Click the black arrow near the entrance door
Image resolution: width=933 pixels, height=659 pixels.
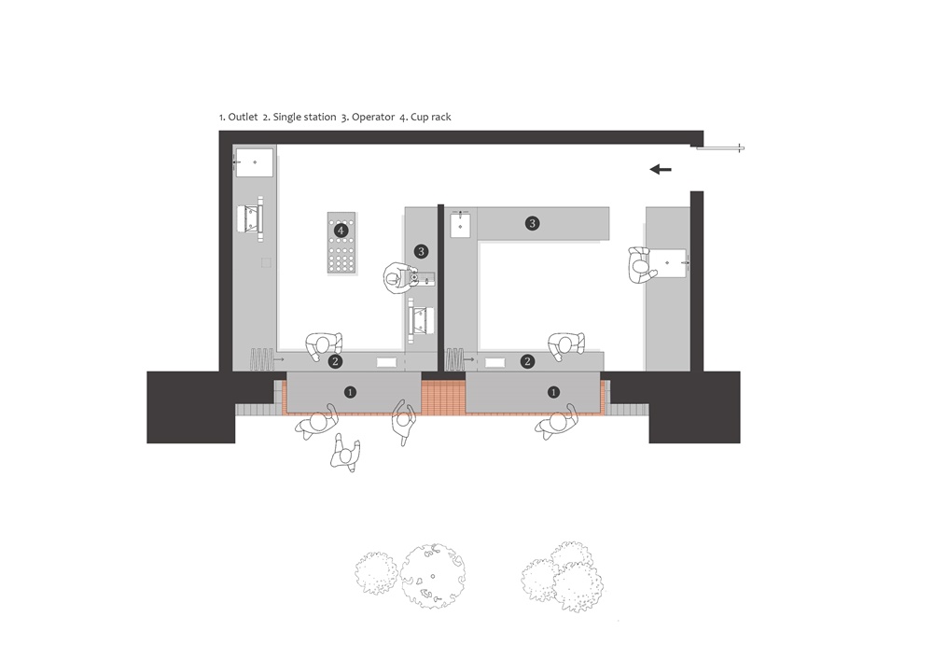pos(661,169)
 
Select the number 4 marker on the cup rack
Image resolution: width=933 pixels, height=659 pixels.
pos(341,230)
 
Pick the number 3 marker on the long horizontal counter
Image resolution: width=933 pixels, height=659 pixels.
pos(532,223)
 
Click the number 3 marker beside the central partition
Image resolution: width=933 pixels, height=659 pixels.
pos(422,251)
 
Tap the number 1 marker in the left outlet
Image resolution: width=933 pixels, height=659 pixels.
pos(351,392)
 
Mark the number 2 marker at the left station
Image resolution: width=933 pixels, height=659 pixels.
pos(335,361)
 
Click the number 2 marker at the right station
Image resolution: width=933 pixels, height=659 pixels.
pos(528,361)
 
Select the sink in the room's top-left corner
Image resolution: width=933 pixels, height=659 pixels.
pos(254,162)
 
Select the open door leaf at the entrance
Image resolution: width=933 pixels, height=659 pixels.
pos(723,147)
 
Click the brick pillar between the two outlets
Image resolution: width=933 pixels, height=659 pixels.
pos(444,395)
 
